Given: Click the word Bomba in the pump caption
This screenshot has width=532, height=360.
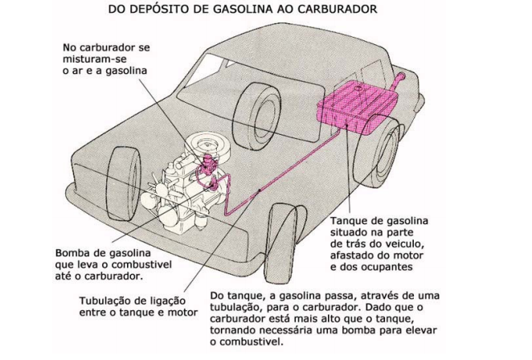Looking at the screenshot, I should (75, 251).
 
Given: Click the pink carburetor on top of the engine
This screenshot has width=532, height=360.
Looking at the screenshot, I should (210, 168).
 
